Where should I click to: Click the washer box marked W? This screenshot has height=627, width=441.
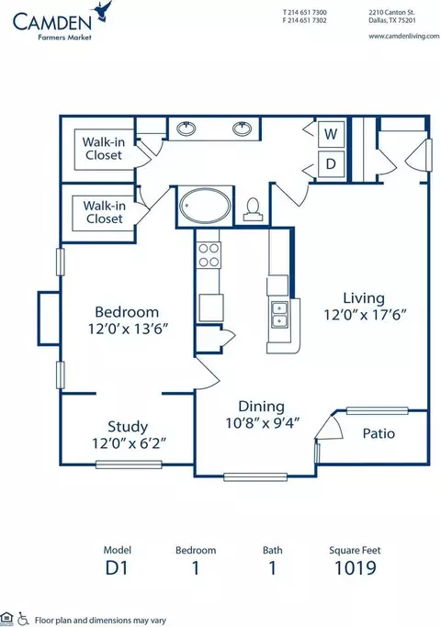[x=331, y=134]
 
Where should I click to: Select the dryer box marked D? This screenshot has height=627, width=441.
[x=331, y=163]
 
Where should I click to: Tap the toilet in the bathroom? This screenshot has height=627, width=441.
[x=253, y=209]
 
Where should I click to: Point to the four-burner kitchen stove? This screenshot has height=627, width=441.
[x=209, y=255]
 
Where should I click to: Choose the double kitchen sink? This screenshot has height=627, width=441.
[x=279, y=315]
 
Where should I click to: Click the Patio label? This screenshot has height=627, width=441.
[x=379, y=433]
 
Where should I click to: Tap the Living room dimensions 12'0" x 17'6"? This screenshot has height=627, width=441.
[x=365, y=315]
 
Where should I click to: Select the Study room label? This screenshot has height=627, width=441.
[x=128, y=427]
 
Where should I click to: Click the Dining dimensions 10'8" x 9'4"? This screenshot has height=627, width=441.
[x=263, y=422]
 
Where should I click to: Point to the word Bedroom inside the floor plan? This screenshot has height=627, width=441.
[x=127, y=312]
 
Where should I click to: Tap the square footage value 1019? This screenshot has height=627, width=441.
[x=356, y=568]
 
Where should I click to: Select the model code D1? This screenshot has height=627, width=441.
[x=117, y=568]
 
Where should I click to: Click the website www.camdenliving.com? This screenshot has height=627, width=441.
[x=403, y=36]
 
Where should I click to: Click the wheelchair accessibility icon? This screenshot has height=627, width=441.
[x=24, y=619]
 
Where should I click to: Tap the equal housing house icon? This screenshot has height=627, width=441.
[x=6, y=618]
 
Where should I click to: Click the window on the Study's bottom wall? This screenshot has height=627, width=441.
[x=129, y=465]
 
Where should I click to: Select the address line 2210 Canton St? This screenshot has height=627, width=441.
[x=391, y=13]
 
